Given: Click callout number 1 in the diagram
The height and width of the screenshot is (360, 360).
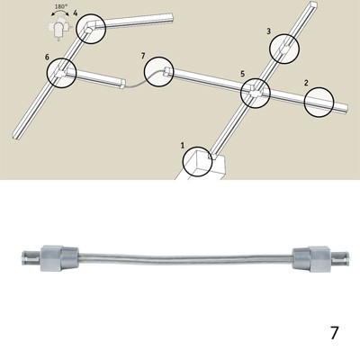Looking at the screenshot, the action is point(183,146).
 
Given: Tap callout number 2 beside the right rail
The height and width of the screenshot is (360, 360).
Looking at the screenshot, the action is point(306,83).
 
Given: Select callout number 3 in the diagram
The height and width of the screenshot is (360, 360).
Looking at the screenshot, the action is point(269,31).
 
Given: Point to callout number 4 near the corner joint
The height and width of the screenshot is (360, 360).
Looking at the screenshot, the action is point(76,13).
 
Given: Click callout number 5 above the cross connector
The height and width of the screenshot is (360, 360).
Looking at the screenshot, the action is point(242,74).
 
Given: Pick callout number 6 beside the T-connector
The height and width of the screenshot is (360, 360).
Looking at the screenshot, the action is point(47,57).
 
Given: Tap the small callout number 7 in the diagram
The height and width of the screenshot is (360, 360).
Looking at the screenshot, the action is point(143,56).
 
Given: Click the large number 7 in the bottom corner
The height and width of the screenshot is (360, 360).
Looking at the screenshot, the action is point(334,333).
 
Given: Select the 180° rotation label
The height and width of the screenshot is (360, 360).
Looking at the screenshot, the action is point(60,6).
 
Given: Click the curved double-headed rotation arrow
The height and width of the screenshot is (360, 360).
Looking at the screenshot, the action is point(60,12).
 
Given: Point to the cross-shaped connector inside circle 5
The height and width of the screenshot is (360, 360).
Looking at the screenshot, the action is point(256,94).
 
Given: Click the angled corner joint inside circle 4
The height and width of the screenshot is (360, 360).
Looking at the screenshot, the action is point(90,26).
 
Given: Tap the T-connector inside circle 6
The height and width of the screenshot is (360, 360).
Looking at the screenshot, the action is point(61,73).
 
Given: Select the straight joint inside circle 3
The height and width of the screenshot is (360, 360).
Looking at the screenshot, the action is point(283,49).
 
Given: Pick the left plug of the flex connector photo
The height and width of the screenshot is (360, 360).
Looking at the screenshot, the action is point(49,258).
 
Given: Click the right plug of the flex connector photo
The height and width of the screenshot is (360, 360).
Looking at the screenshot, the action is point(321,258).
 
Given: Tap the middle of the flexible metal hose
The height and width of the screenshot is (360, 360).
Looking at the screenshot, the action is point(185,257).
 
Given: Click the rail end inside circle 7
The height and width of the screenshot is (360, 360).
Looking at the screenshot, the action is point(168,72).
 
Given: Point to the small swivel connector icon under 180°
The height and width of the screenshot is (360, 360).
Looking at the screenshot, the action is point(58,29).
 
